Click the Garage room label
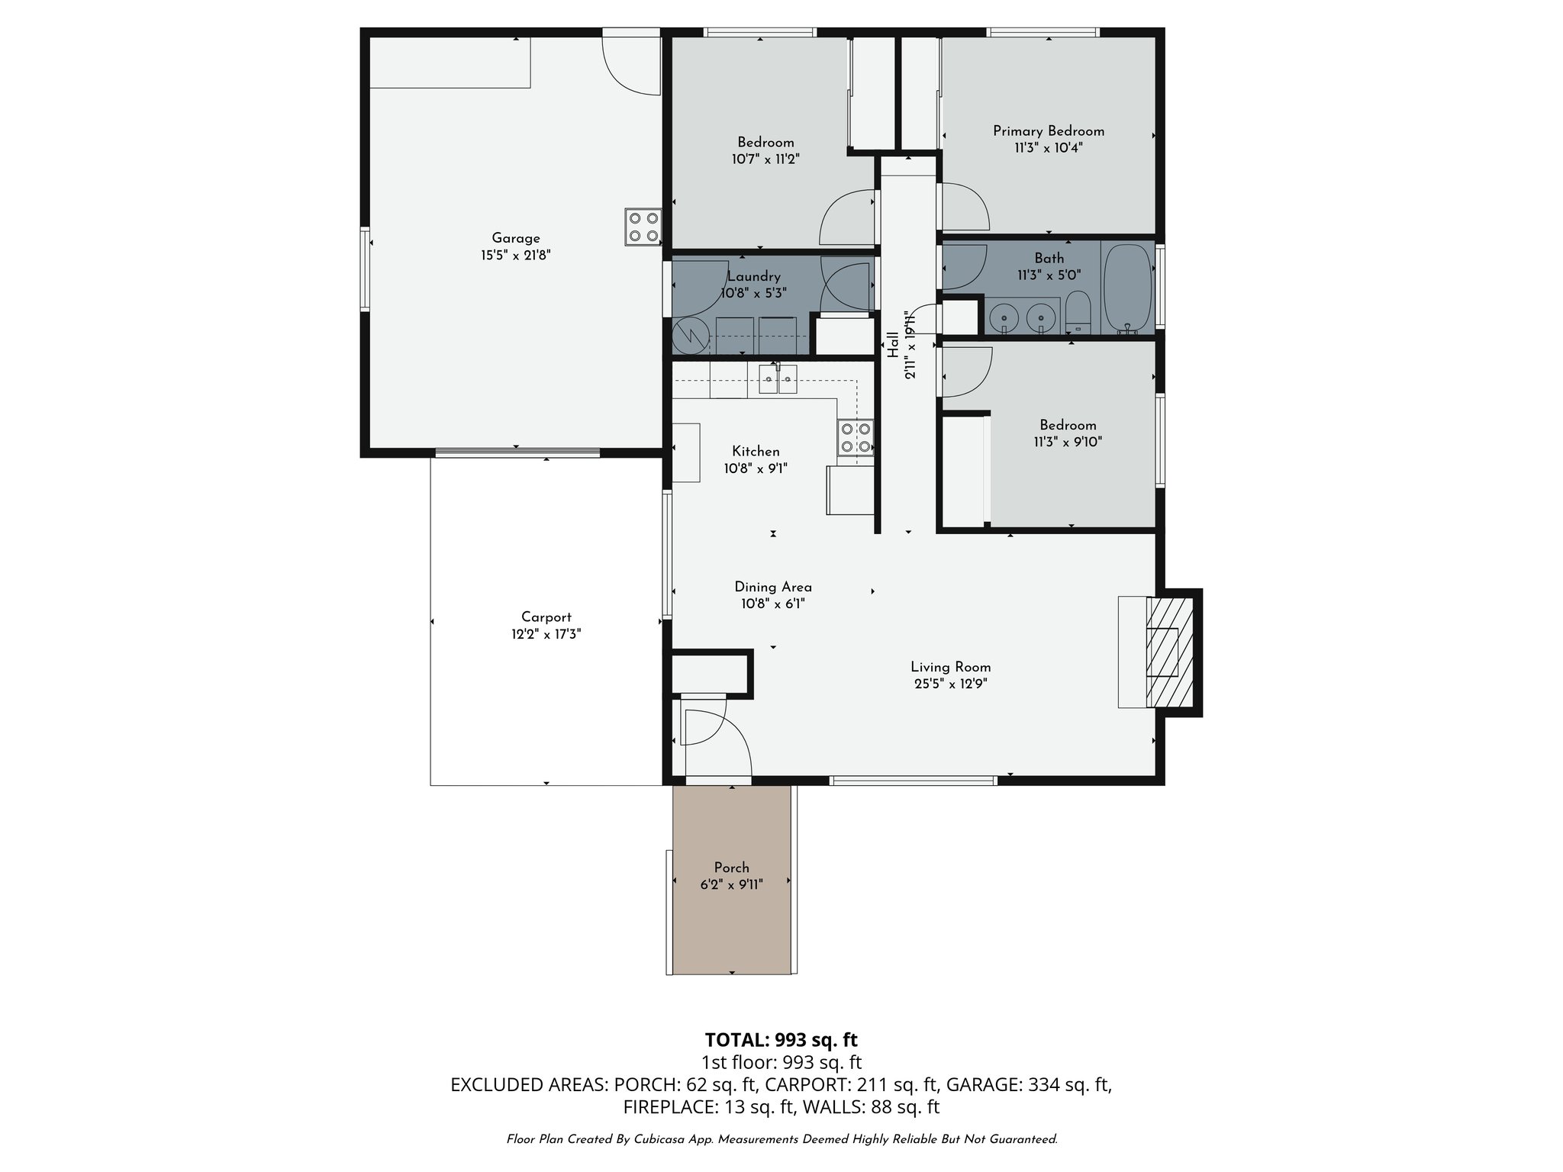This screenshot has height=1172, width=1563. pos(515,238)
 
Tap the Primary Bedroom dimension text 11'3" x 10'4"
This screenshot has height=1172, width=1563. pos(1048,148)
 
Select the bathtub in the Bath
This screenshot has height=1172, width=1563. pos(1127,289)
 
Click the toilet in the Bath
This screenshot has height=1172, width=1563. pos(1078,312)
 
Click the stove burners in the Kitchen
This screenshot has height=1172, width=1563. pos(855,438)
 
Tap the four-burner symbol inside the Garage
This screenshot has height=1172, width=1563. pos(643,227)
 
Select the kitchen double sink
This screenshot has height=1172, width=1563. pos(778,379)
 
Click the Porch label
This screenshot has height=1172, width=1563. pos(731,868)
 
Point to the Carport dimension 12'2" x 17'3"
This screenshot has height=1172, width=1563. pos(546,634)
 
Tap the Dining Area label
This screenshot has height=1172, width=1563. pos(772,587)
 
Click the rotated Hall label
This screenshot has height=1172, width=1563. pos(892,345)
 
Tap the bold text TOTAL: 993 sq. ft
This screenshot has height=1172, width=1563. pos(781,1040)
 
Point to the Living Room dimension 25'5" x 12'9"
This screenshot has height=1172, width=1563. pos(950,684)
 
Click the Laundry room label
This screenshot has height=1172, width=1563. pos(753,276)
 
